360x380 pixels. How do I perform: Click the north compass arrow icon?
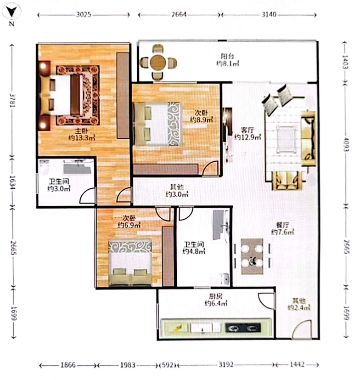tap(11, 11)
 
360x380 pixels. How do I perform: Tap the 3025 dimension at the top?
tap(84, 15)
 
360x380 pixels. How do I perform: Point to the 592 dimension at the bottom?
tap(168, 365)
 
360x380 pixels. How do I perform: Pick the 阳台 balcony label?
tap(227, 57)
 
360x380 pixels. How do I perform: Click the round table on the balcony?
tap(158, 62)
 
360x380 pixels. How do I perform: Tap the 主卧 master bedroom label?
tap(81, 131)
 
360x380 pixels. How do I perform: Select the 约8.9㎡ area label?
tap(201, 119)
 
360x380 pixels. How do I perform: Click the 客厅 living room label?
tap(247, 130)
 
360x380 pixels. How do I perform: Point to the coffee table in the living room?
tap(287, 139)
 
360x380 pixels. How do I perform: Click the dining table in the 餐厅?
tap(252, 256)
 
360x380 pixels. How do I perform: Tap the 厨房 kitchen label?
tap(216, 296)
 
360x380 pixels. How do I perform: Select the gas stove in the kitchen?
tap(243, 328)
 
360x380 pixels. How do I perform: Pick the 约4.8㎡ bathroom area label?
tap(194, 251)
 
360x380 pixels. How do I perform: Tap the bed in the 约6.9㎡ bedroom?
tap(130, 262)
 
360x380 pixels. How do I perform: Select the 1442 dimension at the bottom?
tap(297, 364)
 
